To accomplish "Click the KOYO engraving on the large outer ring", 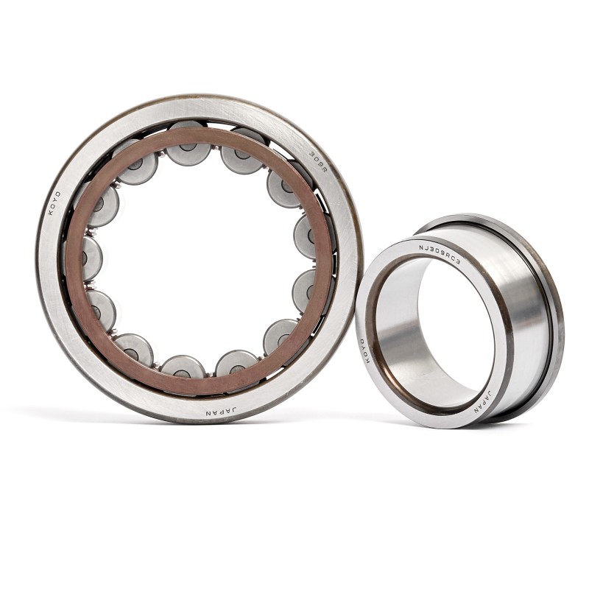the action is [x=54, y=203].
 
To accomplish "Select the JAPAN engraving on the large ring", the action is [x=222, y=412].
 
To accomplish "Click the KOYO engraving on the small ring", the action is [x=365, y=350].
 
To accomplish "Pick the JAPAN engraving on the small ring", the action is [x=483, y=402].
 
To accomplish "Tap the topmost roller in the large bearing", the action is [x=188, y=144].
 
